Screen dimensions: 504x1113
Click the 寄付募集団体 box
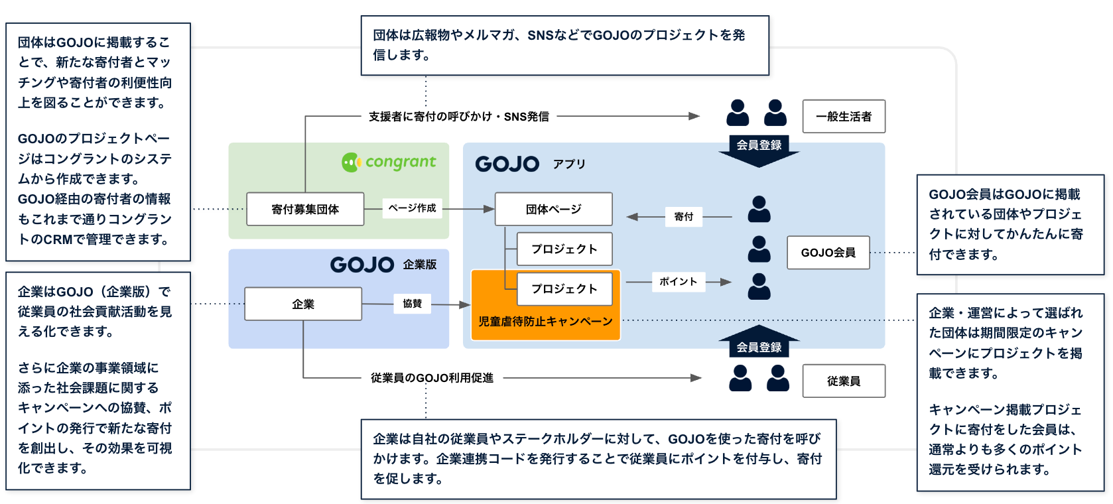[305, 210]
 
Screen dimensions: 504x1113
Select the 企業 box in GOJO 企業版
[303, 304]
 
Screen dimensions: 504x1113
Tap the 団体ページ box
[554, 210]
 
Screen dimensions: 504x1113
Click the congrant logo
[389, 162]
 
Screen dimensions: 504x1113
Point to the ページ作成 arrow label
[412, 208]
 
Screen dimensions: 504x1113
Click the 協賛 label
[412, 304]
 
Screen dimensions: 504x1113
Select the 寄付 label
[683, 217]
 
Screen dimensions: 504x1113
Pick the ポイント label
[678, 282]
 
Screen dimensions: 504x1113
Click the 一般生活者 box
[844, 117]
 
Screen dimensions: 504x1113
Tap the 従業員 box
[844, 381]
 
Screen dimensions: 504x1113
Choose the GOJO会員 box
[828, 253]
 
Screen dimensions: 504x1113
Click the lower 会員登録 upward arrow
[759, 341]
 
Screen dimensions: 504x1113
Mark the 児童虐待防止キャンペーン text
[545, 322]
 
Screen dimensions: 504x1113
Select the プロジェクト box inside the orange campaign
[564, 289]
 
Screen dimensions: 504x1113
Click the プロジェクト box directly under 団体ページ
[564, 249]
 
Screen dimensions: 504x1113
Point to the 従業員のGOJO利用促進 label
[432, 378]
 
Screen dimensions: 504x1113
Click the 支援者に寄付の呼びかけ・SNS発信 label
[459, 117]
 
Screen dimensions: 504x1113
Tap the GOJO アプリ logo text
[507, 164]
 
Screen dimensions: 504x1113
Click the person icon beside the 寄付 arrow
[759, 210]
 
